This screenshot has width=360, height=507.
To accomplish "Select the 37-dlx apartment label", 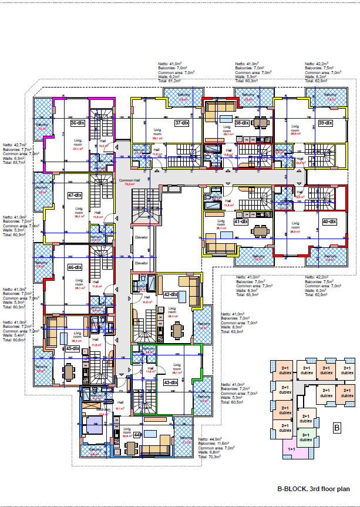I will click(x=181, y=123).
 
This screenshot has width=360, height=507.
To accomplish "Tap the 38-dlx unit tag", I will click(x=241, y=123).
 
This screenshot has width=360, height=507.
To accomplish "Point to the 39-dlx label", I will click(x=325, y=123).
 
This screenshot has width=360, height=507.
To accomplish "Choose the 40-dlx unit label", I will click(x=329, y=221).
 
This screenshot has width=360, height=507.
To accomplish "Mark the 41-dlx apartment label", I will click(x=241, y=222).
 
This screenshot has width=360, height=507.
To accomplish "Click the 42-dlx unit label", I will click(x=170, y=294).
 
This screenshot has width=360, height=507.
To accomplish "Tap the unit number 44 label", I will click(x=137, y=434).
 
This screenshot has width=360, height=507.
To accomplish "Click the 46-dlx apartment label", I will click(x=74, y=267).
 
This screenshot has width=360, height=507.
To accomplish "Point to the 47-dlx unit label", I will click(x=74, y=195).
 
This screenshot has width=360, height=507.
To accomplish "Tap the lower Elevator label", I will click(x=142, y=263).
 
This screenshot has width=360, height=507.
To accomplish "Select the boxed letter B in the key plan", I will click(x=337, y=428).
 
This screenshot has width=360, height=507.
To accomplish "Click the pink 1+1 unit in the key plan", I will click(x=292, y=449).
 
